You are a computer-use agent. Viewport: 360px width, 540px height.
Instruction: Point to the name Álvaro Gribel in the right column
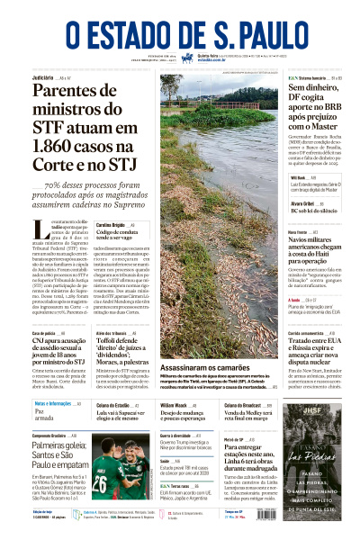(x=303, y=203)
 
